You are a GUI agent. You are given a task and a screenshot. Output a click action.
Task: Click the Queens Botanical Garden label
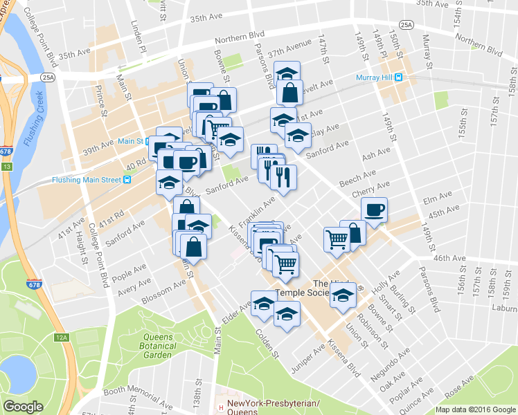[148, 344]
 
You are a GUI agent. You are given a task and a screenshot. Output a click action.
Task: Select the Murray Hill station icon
[398, 77]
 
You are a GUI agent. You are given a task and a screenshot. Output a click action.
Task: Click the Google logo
[23, 407]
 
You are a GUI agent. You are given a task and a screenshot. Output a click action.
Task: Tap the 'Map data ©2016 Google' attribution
[475, 409]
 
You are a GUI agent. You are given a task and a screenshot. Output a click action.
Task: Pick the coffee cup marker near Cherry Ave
[374, 210]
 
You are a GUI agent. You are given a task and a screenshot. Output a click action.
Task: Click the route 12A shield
[62, 337]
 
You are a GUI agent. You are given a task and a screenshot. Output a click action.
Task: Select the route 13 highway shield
[6, 167]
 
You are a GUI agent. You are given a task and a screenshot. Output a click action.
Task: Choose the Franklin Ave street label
[257, 210]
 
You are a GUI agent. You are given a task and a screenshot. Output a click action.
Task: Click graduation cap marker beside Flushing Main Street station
[168, 184]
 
